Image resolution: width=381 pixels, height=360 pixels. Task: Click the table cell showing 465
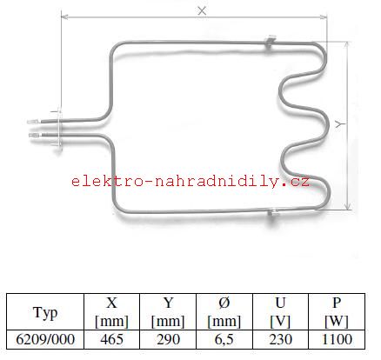pos(112,339)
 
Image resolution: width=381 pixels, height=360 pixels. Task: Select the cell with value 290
pos(168,339)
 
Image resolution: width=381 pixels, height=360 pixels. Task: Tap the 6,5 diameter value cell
pos(224,339)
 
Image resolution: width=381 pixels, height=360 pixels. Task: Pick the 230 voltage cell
pos(280,339)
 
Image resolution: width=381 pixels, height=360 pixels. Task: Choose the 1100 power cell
pos(337,339)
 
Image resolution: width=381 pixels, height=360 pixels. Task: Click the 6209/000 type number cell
pos(45,339)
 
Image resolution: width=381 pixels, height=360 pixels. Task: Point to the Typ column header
pos(45,312)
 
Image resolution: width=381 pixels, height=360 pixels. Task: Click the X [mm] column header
pos(112,312)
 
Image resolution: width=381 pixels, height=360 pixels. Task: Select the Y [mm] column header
pos(168,312)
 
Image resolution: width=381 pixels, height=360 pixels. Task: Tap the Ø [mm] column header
pos(224,312)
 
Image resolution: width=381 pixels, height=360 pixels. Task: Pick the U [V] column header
pos(280,312)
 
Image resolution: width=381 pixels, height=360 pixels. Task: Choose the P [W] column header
pos(337,312)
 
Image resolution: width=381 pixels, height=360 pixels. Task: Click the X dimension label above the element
pos(202,11)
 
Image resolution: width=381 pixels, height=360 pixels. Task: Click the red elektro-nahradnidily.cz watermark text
pos(190,182)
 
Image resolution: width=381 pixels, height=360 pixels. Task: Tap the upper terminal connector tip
pos(32,122)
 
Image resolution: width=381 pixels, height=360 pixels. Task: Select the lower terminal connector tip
pos(34,135)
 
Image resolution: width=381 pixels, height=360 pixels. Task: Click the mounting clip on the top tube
pos(271,43)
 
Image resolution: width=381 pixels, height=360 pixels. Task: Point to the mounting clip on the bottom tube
pos(272,213)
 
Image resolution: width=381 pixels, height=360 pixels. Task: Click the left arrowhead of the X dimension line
pos(64,17)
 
